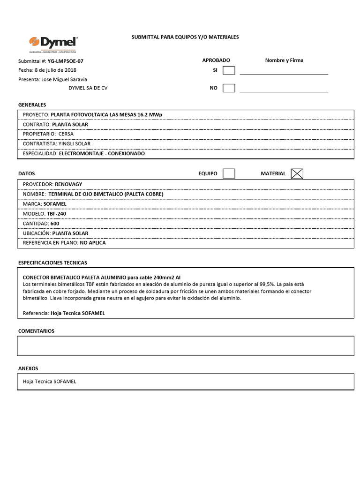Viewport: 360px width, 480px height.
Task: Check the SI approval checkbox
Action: (x=229, y=70)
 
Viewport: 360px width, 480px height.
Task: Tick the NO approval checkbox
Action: (x=229, y=88)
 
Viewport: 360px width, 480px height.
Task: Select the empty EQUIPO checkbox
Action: (x=229, y=173)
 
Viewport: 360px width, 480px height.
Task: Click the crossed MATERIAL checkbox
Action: (x=297, y=173)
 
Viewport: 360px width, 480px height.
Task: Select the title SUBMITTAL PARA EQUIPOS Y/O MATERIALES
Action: (x=185, y=37)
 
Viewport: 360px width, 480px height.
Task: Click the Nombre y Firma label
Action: (x=284, y=60)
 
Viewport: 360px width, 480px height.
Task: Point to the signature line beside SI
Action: (x=284, y=74)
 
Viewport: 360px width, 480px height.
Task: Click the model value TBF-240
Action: (x=56, y=213)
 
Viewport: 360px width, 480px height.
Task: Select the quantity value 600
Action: (x=55, y=223)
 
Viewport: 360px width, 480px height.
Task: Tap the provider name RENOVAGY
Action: (x=68, y=184)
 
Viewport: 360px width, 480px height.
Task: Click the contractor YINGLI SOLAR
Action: (x=75, y=143)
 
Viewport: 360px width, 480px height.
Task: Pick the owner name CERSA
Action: (x=66, y=134)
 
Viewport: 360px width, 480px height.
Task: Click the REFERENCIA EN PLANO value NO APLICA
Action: (x=93, y=243)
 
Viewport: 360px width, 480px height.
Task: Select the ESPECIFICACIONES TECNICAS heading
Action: (x=52, y=262)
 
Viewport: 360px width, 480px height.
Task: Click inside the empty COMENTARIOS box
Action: (x=186, y=346)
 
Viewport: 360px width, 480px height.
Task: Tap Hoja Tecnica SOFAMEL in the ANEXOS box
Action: (x=49, y=381)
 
